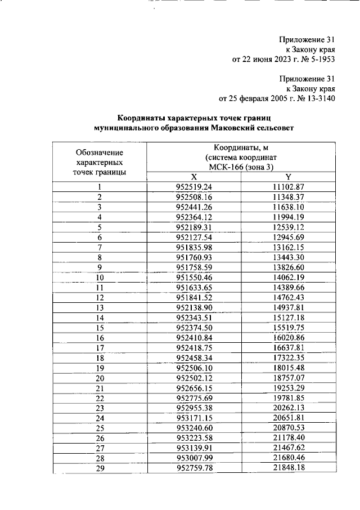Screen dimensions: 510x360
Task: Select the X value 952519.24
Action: pos(193,187)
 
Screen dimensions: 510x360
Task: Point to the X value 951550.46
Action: pos(193,278)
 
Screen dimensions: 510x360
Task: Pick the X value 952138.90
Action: pos(193,307)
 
